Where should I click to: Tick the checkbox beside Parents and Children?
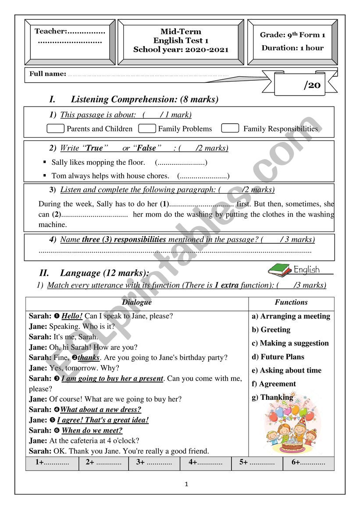(x=55, y=128)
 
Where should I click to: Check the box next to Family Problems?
(x=147, y=128)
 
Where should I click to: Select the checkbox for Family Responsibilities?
(x=230, y=128)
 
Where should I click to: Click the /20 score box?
(x=306, y=84)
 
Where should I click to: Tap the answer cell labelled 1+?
(x=52, y=463)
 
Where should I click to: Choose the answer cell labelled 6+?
(x=309, y=463)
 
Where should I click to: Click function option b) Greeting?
(x=271, y=330)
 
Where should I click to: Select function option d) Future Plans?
(x=278, y=357)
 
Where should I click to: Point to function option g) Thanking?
(x=272, y=397)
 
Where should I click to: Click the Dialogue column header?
(x=137, y=302)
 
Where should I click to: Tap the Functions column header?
(x=291, y=302)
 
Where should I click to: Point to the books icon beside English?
(x=280, y=269)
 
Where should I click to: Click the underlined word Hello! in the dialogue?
(x=72, y=316)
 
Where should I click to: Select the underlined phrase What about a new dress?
(x=100, y=409)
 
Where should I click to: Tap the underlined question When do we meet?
(x=92, y=431)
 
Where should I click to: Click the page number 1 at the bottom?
(x=186, y=484)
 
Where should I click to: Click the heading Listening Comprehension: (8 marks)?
(x=144, y=100)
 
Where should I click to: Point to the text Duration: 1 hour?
(x=292, y=48)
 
